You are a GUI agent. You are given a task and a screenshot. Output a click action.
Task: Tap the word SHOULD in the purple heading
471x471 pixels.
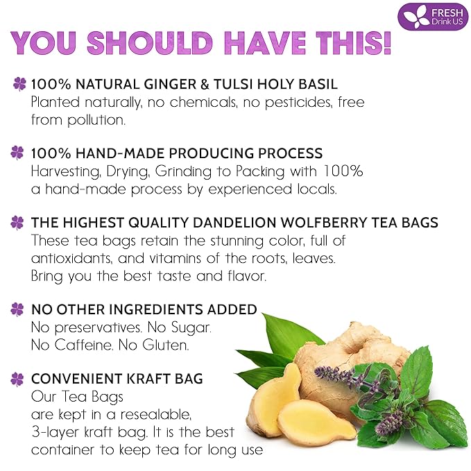point(139,42)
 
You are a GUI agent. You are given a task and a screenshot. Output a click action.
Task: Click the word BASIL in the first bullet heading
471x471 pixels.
point(318,85)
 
